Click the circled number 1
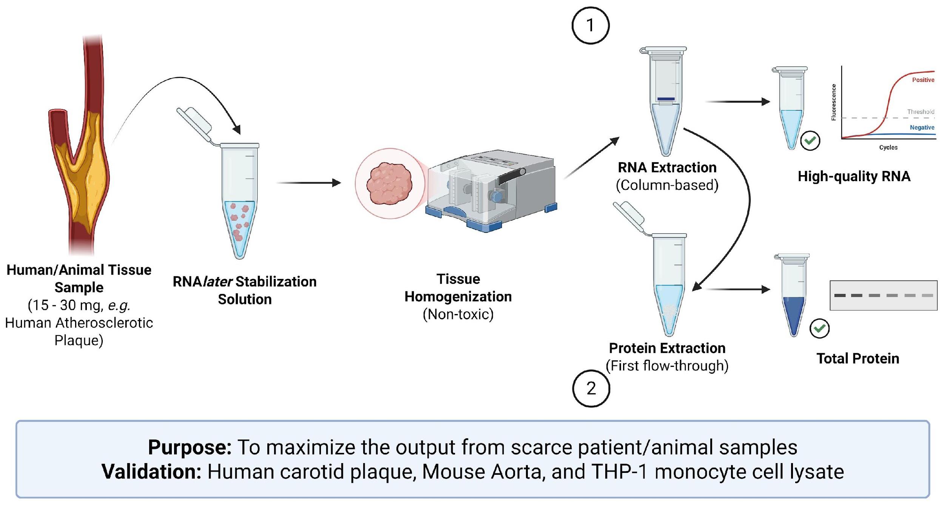click(x=590, y=25)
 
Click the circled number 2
click(x=591, y=388)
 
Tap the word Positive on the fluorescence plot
click(x=923, y=80)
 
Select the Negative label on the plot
click(x=922, y=128)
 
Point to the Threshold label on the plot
click(x=921, y=112)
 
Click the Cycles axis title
click(x=888, y=147)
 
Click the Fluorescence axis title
click(x=834, y=102)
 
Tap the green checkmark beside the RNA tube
click(x=810, y=141)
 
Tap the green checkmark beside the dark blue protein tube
click(x=819, y=328)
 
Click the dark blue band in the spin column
click(x=666, y=99)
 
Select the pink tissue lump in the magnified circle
click(x=389, y=184)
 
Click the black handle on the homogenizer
click(x=512, y=176)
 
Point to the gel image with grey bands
click(x=883, y=296)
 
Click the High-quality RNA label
click(x=854, y=176)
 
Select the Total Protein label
click(x=858, y=359)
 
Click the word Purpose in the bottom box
click(x=190, y=448)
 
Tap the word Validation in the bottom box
click(x=151, y=472)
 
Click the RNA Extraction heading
click(x=667, y=167)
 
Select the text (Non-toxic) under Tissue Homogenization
click(x=458, y=314)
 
